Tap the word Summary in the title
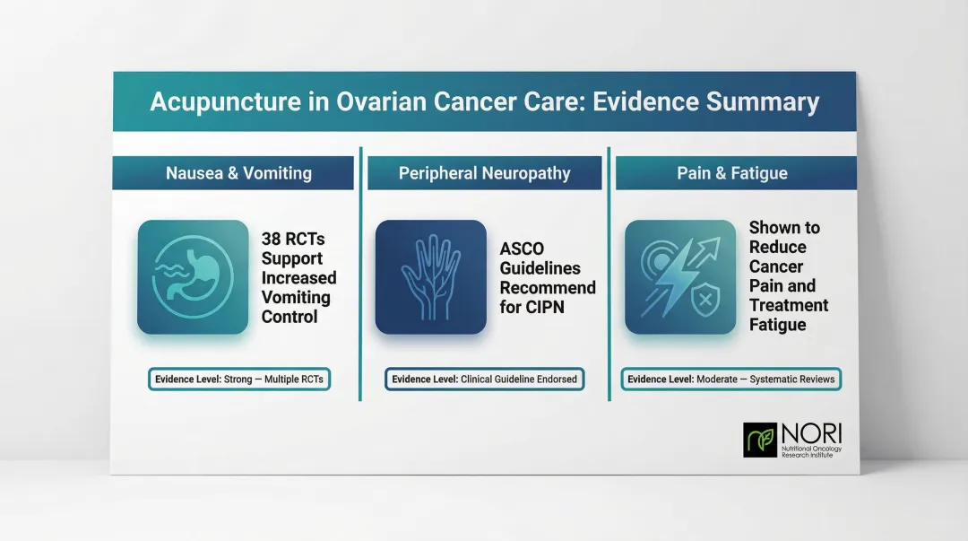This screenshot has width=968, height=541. pyautogui.click(x=763, y=101)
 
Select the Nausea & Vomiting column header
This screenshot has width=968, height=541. pyautogui.click(x=233, y=173)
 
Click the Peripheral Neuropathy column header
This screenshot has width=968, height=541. pyautogui.click(x=484, y=173)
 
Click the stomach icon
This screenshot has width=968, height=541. pyautogui.click(x=193, y=277)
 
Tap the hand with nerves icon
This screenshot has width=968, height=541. pyautogui.click(x=430, y=277)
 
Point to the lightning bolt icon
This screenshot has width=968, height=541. pyautogui.click(x=678, y=277)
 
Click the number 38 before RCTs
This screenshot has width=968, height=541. pyautogui.click(x=272, y=240)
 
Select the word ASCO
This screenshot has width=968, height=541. pyautogui.click(x=522, y=249)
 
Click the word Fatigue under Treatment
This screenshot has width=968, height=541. pyautogui.click(x=777, y=325)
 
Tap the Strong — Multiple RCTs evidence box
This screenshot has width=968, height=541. pyautogui.click(x=239, y=380)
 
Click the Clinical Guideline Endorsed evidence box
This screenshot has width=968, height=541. pyautogui.click(x=485, y=380)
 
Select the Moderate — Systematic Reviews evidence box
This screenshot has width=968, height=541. pyautogui.click(x=731, y=380)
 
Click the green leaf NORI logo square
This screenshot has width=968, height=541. pyautogui.click(x=760, y=440)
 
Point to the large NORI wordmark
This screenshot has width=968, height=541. pyautogui.click(x=812, y=432)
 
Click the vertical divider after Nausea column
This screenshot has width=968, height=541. pyautogui.click(x=361, y=269)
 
